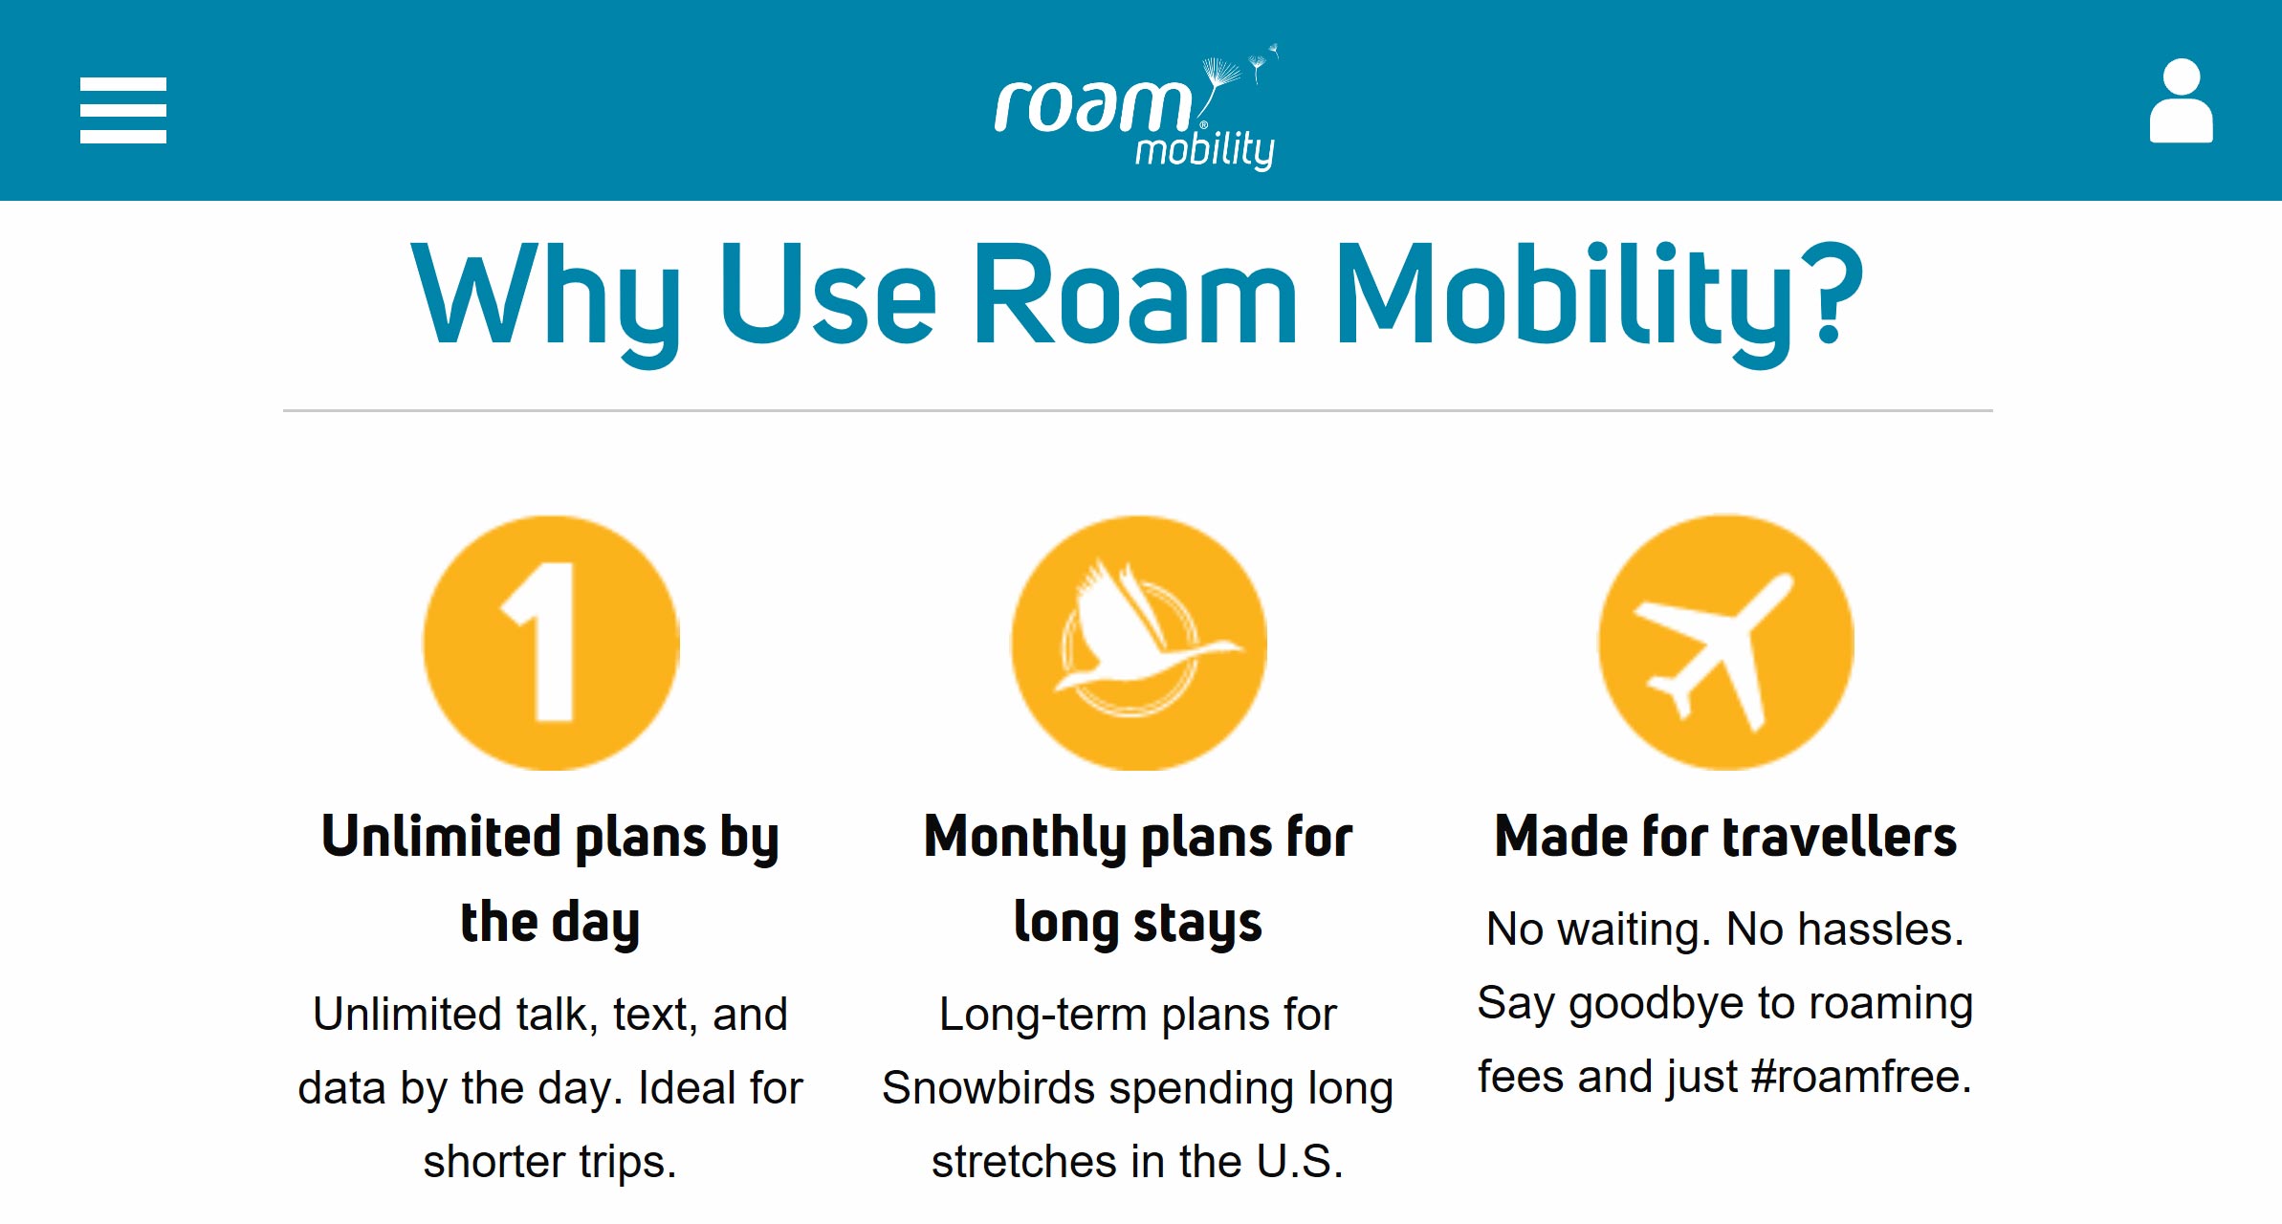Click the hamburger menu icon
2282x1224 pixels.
point(123,111)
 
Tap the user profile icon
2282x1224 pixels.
point(2181,100)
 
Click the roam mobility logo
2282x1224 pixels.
point(1137,107)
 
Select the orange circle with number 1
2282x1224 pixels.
point(551,643)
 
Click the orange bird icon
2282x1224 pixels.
point(1138,643)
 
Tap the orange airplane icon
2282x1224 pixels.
point(1725,643)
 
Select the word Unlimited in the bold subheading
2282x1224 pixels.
point(441,836)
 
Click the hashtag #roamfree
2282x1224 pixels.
point(1861,1077)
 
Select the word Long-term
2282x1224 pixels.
point(1042,1016)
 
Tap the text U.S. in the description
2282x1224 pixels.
point(1300,1161)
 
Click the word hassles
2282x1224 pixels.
point(1881,929)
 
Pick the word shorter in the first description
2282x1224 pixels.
point(494,1161)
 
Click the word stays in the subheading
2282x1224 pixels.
point(1197,925)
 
